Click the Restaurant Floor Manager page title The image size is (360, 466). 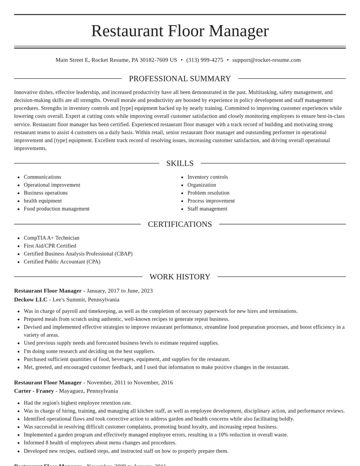(x=180, y=31)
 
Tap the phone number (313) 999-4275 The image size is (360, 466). (x=205, y=60)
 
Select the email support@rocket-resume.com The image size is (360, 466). (x=266, y=60)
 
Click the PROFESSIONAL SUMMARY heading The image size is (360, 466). (x=180, y=79)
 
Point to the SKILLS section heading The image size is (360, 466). (x=180, y=163)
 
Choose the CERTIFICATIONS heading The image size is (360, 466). (x=180, y=224)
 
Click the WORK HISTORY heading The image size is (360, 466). (x=180, y=277)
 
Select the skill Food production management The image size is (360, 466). (x=57, y=209)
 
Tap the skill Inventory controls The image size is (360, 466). (x=207, y=177)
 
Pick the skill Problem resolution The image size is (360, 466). (x=208, y=193)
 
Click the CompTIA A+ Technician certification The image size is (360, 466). (x=51, y=238)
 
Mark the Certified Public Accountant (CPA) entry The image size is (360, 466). (x=62, y=262)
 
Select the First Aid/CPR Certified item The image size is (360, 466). (x=50, y=246)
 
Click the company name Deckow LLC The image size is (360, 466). (x=31, y=300)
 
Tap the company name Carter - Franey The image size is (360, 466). (x=34, y=391)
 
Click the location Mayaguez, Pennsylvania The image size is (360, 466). (x=88, y=391)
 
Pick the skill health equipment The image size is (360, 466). (x=43, y=201)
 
